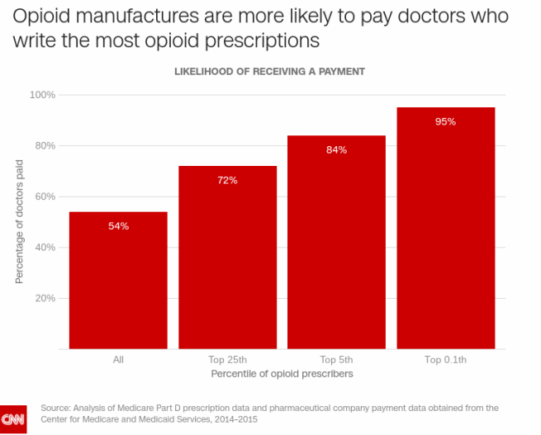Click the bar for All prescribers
coord(118,281)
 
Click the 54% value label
coord(118,225)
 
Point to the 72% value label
coord(227,180)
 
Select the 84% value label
coord(336,149)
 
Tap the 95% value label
coord(445,121)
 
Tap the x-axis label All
coord(118,360)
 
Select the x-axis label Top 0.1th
coord(445,360)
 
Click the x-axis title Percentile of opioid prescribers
coord(282,374)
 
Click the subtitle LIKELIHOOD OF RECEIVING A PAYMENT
coord(269,72)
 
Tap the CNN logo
coord(14,418)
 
